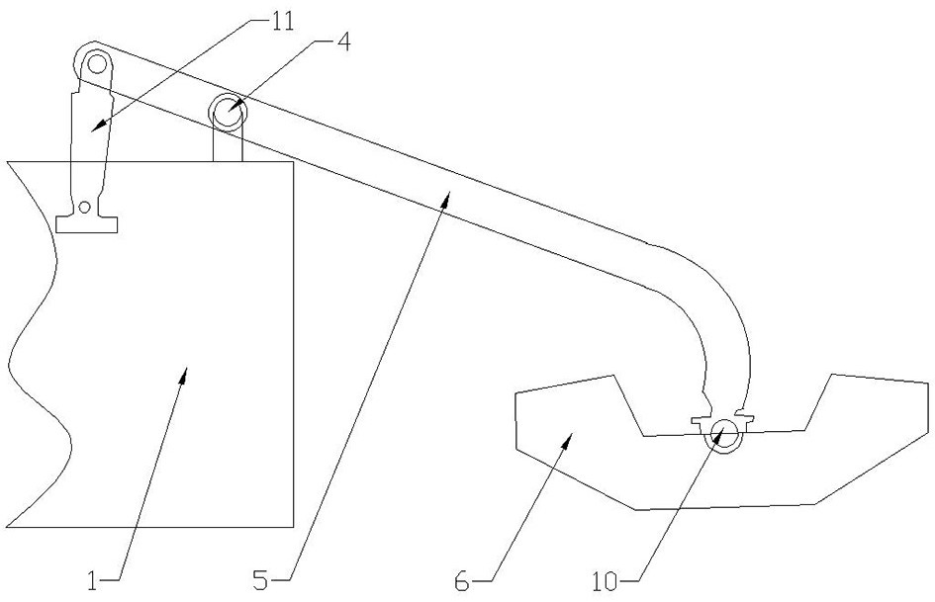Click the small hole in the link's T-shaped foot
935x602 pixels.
click(86, 208)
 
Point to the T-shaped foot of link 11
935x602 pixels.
click(86, 222)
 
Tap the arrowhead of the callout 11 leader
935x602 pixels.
click(95, 129)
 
